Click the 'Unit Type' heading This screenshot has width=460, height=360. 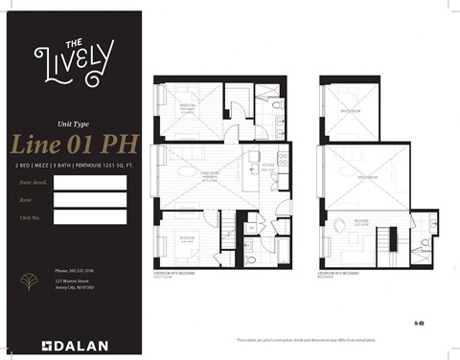point(74,124)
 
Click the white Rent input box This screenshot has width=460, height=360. point(90,200)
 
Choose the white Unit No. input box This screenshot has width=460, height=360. point(90,217)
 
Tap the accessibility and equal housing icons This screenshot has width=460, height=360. point(421,325)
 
